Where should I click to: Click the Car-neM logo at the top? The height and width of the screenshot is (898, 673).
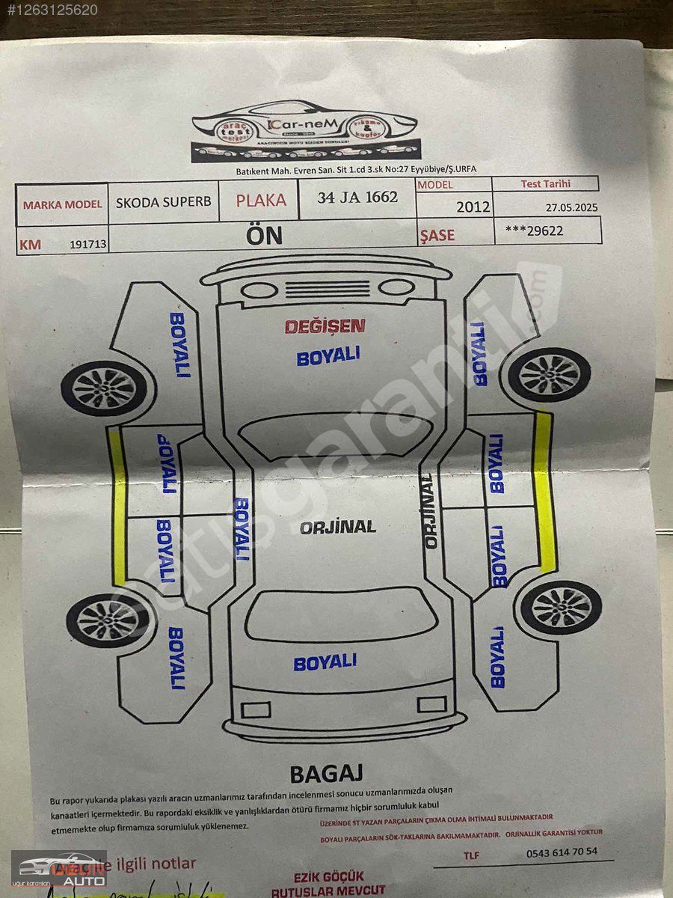pyautogui.click(x=304, y=132)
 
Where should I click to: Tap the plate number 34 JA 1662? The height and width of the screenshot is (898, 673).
pyautogui.click(x=357, y=198)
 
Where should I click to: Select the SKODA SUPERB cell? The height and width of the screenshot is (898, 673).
pyautogui.click(x=164, y=202)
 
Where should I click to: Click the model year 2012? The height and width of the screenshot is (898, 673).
pyautogui.click(x=473, y=206)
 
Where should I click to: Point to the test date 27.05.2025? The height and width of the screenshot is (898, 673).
pyautogui.click(x=571, y=207)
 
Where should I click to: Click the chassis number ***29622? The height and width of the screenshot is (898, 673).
pyautogui.click(x=535, y=231)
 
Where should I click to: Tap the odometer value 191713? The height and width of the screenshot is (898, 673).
pyautogui.click(x=88, y=245)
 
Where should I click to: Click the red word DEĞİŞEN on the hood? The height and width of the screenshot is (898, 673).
pyautogui.click(x=325, y=326)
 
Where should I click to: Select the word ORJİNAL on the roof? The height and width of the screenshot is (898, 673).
pyautogui.click(x=338, y=527)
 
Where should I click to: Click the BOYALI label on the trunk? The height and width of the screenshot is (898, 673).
pyautogui.click(x=325, y=662)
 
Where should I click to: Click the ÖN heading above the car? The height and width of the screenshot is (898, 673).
pyautogui.click(x=265, y=235)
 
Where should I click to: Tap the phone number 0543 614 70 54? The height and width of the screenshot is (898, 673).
pyautogui.click(x=562, y=852)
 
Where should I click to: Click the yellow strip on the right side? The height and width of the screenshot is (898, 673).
pyautogui.click(x=544, y=490)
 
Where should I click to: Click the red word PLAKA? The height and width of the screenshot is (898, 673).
pyautogui.click(x=261, y=201)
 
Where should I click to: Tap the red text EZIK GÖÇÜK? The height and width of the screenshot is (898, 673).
pyautogui.click(x=328, y=876)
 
